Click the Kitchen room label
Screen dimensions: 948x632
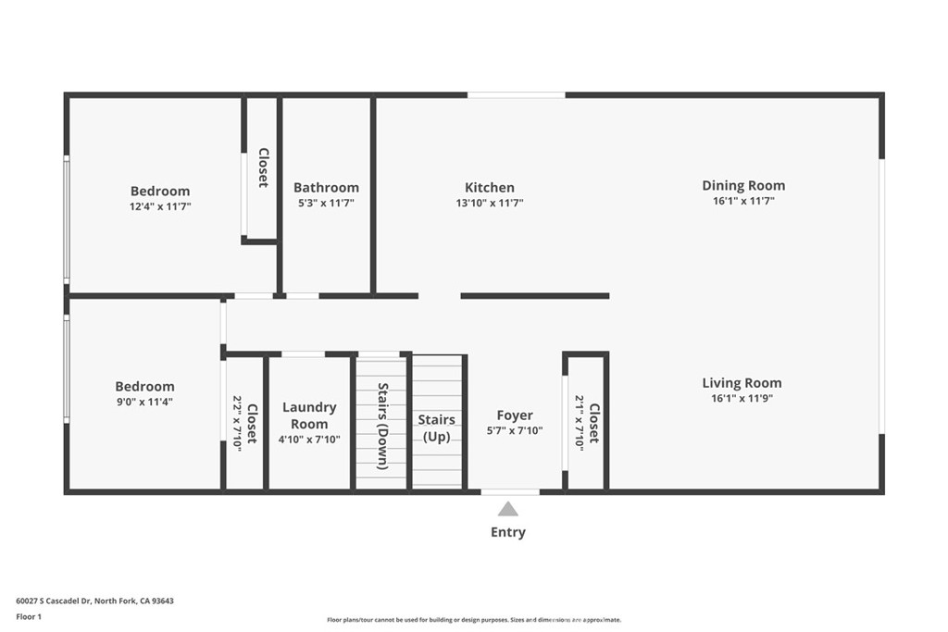pyautogui.click(x=490, y=187)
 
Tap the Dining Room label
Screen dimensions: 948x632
pyautogui.click(x=743, y=185)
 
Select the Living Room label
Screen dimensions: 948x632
pyautogui.click(x=742, y=382)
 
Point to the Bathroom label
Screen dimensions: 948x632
pyautogui.click(x=326, y=187)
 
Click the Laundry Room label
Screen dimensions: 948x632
pyautogui.click(x=309, y=415)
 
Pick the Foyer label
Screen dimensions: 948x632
pyautogui.click(x=515, y=415)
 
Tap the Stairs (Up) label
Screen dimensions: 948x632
pyautogui.click(x=437, y=428)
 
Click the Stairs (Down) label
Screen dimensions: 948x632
pyautogui.click(x=382, y=426)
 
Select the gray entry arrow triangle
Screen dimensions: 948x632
pyautogui.click(x=508, y=509)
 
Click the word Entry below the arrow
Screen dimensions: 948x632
pyautogui.click(x=508, y=532)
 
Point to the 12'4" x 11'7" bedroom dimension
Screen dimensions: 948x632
pyautogui.click(x=160, y=206)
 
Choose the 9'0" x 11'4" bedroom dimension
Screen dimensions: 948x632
pyautogui.click(x=145, y=402)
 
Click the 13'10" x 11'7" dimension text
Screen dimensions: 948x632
pyautogui.click(x=490, y=203)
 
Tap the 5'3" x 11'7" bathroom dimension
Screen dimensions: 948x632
pyautogui.click(x=326, y=203)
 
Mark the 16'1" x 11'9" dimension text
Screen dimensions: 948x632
pyautogui.click(x=742, y=398)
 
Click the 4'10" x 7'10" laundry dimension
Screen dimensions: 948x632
pyautogui.click(x=309, y=440)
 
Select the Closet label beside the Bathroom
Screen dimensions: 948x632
pyautogui.click(x=264, y=167)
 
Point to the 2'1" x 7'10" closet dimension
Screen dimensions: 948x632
pyautogui.click(x=580, y=423)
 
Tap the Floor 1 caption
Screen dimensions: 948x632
pyautogui.click(x=29, y=617)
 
